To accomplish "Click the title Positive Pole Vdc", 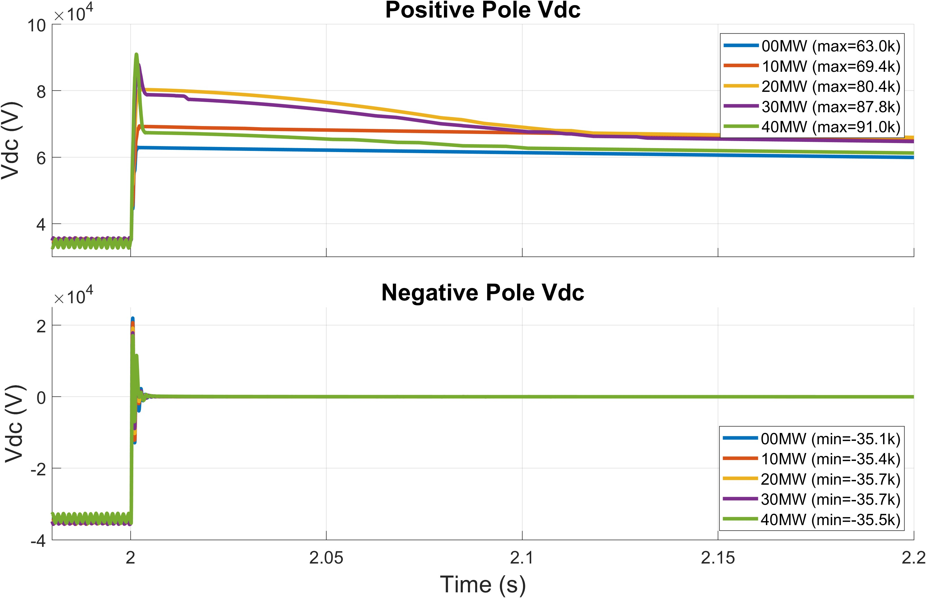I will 483,10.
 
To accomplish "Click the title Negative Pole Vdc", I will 483,292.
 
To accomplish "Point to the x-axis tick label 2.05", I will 326,558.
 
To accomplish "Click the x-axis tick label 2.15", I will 718,558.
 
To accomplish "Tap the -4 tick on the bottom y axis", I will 38,541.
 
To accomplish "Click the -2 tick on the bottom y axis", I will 38,469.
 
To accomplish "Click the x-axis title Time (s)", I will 483,584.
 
